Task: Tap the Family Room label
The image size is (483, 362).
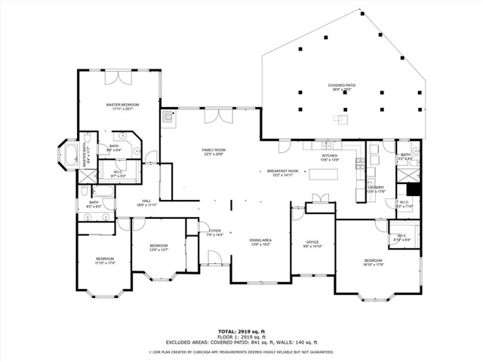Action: coord(214,150)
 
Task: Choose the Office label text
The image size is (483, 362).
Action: coord(312,242)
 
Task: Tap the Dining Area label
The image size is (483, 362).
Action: coord(260,240)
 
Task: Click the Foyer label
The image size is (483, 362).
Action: coord(215,231)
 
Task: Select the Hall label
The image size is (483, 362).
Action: coord(147,201)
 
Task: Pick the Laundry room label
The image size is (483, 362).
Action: coord(376,188)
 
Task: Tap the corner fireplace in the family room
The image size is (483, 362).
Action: coord(167,117)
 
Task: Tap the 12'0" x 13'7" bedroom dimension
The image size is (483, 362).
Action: coord(158,249)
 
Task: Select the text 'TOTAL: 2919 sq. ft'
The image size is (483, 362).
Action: coord(241,331)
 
